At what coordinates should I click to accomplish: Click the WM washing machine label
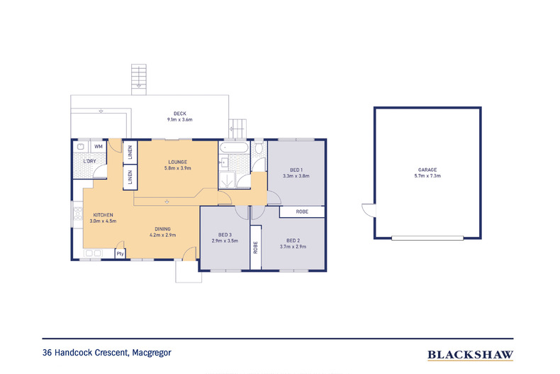pos(99,146)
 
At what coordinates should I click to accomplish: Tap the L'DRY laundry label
pos(89,162)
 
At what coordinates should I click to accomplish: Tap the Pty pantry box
pos(120,253)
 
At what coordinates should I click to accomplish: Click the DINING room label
pos(162,228)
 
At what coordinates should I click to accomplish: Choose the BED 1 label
pos(296,169)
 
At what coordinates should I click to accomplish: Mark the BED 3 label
pos(224,235)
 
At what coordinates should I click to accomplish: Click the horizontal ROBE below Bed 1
pos(301,211)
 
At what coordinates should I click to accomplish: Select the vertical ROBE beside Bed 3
pos(255,248)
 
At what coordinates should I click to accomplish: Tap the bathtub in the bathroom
pos(233,149)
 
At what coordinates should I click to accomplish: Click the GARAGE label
pos(427,170)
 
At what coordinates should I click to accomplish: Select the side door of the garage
pos(366,211)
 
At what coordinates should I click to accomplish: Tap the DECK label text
pos(179,114)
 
